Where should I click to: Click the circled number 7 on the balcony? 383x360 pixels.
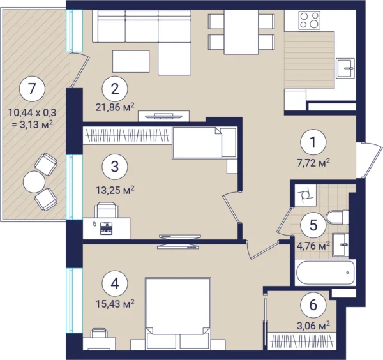pos(33,89)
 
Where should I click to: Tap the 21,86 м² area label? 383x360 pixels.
pos(115,107)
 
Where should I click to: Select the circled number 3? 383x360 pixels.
pos(115,167)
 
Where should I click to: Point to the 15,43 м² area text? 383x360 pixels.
pos(115,304)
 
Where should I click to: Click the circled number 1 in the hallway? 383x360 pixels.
pos(313,142)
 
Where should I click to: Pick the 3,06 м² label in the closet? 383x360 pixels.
pos(313,325)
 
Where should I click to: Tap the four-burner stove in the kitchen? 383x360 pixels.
pos(310,20)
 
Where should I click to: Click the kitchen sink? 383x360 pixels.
pos(345,68)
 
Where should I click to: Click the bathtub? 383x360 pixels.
pos(325,273)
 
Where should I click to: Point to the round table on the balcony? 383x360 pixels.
pos(34,182)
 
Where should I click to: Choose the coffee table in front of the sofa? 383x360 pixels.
pos(131,61)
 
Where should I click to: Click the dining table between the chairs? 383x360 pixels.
pos(241,32)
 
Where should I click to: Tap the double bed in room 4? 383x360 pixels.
pos(177,314)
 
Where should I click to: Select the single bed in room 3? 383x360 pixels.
pos(204,143)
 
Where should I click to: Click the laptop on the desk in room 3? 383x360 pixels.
pos(106,229)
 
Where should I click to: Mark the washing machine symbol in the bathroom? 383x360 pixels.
pos(305,195)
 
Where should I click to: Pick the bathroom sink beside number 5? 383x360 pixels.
pos(340,244)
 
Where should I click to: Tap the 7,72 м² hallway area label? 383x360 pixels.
pos(313,162)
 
